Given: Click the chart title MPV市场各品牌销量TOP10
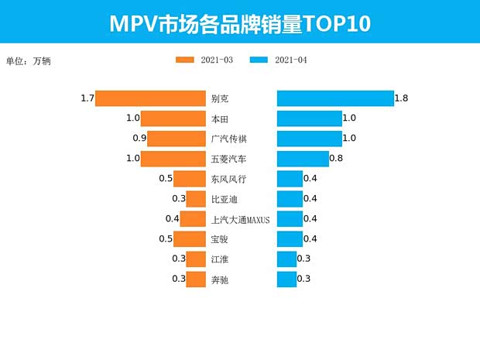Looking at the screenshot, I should (240, 22).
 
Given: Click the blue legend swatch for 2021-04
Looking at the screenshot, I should (260, 60).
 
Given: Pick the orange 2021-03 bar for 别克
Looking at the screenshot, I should (150, 98).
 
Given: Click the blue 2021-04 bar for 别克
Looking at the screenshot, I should (334, 98).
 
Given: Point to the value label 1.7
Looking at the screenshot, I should (87, 98).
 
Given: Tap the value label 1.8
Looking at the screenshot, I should (401, 98).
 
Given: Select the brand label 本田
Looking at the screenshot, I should (219, 118).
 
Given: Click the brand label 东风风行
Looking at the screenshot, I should (228, 179).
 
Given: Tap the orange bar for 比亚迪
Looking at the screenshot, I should (195, 199).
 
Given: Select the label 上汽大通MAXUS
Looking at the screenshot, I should (240, 219).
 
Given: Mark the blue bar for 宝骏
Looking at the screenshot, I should (289, 238).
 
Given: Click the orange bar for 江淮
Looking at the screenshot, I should (195, 259).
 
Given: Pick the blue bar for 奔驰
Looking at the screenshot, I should (286, 279).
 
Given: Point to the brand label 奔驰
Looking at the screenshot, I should (219, 279).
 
